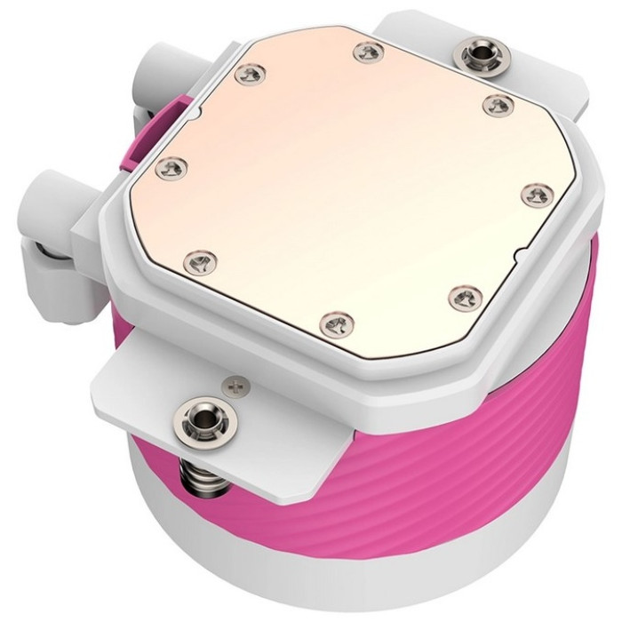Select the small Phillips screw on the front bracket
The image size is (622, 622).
click(235, 386)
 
